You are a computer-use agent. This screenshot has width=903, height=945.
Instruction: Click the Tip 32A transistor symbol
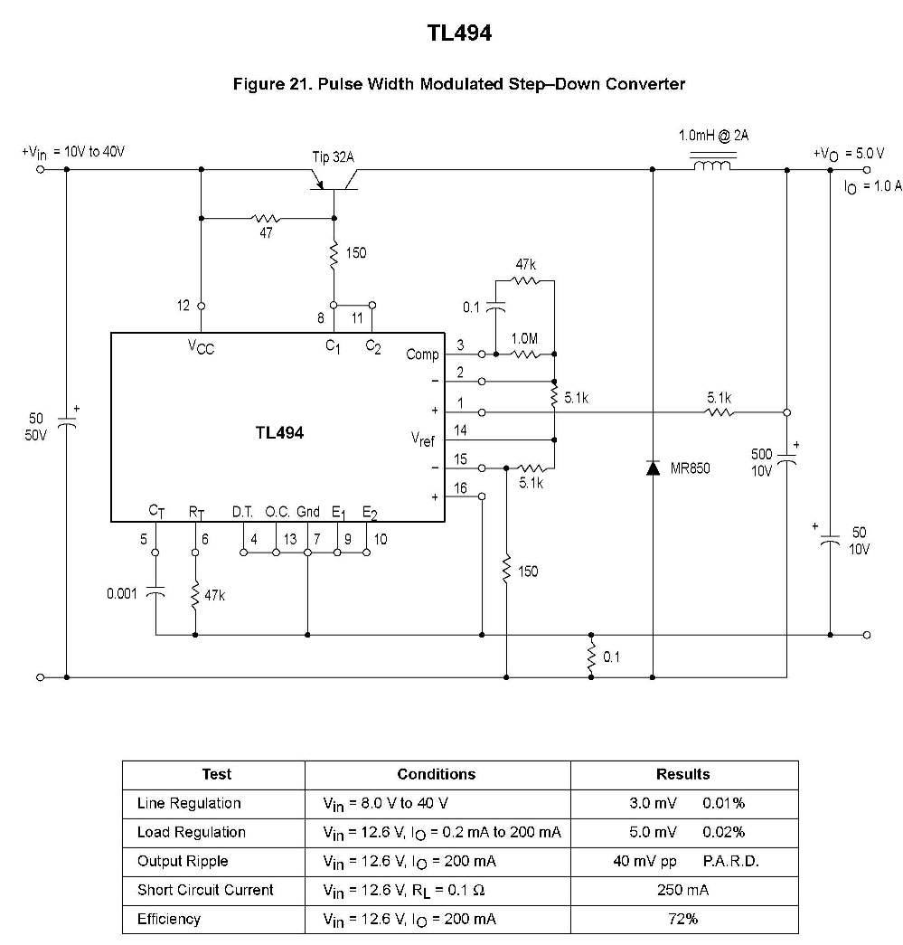[334, 180]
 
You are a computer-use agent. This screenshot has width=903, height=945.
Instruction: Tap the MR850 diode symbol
[653, 468]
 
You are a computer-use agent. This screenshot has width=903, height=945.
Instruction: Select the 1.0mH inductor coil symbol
[712, 164]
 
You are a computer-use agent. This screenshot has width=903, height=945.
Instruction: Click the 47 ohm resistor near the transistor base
[265, 218]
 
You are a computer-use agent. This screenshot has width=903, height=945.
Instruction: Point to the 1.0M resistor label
[524, 339]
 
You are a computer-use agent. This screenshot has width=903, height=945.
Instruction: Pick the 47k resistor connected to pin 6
[195, 595]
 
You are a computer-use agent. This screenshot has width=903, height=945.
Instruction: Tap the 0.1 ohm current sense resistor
[591, 657]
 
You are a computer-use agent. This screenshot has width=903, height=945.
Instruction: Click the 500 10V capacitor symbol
[786, 459]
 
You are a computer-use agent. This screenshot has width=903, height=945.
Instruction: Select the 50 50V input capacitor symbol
[67, 422]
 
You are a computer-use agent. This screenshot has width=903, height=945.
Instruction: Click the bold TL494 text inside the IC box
[279, 433]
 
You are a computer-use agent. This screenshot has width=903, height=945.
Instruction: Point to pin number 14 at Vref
[460, 430]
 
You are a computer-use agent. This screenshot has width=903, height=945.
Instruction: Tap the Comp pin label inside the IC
[422, 354]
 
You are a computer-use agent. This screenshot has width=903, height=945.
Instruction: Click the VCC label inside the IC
[202, 346]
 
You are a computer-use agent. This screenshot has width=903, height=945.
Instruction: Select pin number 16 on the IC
[460, 488]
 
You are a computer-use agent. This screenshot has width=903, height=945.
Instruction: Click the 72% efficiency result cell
[683, 919]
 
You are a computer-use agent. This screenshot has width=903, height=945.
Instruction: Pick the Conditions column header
[437, 774]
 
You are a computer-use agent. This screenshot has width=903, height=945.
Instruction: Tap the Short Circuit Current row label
[205, 890]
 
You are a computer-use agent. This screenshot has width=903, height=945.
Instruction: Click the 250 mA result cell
[683, 890]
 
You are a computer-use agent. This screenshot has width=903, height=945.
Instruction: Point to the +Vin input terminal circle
[41, 169]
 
